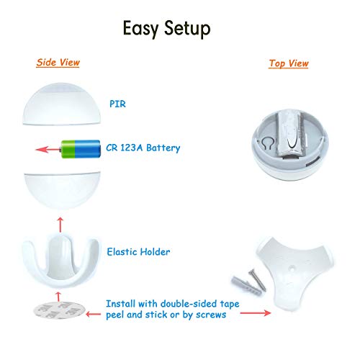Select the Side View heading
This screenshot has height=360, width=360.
[58, 63]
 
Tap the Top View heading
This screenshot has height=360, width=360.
[289, 63]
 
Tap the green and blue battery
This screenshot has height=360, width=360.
[76, 149]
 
